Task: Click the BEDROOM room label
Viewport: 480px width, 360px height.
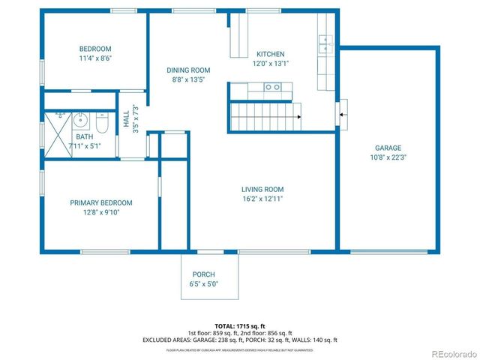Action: coord(94,49)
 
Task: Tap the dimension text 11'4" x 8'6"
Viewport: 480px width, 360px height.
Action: coord(94,58)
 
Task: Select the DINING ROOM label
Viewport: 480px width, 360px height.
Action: coord(188,70)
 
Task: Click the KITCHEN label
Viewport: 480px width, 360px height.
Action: coord(271,54)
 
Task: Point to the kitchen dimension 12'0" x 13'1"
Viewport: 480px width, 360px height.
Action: coord(271,63)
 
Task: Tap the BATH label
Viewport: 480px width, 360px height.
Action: coord(83,136)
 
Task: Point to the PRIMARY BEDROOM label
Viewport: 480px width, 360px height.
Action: coord(101,202)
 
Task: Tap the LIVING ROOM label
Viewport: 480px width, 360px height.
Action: coord(262,189)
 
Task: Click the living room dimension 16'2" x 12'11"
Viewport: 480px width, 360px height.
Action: coord(262,199)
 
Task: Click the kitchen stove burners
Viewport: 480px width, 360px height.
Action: coord(273,88)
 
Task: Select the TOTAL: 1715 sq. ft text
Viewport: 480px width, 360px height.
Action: coord(240,326)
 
